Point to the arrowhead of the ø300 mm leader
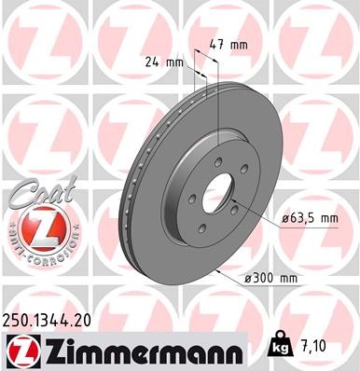pos(218,268)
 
